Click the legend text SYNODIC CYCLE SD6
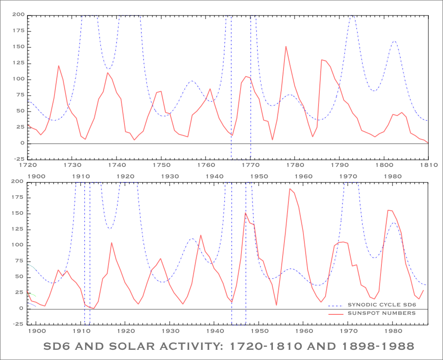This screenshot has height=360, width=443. tap(382, 306)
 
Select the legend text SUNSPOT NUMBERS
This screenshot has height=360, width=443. tap(382, 313)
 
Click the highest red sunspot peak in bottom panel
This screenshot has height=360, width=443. tap(290, 189)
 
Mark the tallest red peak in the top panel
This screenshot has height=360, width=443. tap(286, 46)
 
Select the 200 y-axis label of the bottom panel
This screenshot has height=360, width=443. tap(18, 182)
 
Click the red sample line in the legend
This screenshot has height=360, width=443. tap(336, 313)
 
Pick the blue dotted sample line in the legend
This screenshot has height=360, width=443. tap(336, 306)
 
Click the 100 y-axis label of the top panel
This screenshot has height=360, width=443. tap(18, 79)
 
